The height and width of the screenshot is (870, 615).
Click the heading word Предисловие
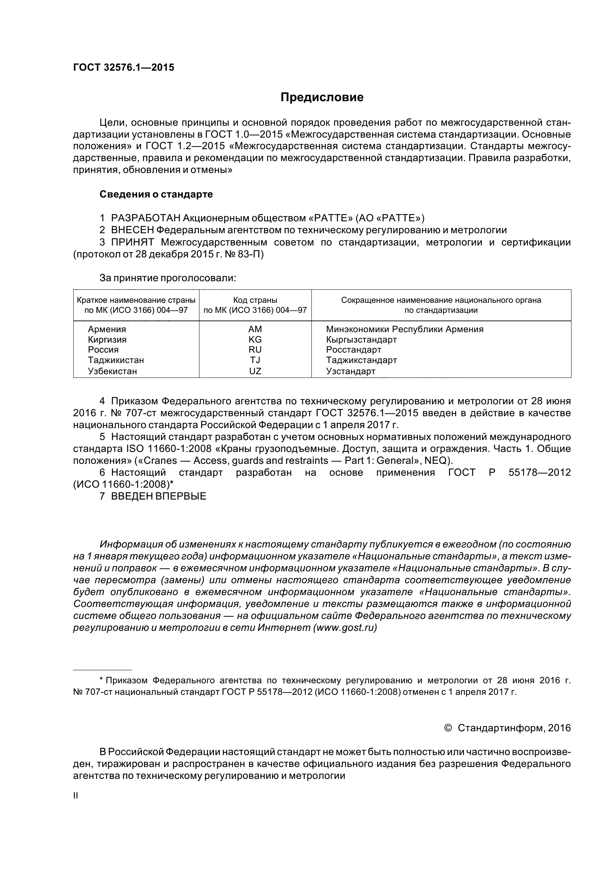(x=322, y=97)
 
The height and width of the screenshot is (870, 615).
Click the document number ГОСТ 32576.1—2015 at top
(x=124, y=67)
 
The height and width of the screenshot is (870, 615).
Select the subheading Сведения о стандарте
(x=156, y=195)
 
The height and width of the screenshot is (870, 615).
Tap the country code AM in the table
(x=255, y=329)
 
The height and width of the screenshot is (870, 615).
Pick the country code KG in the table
(x=255, y=339)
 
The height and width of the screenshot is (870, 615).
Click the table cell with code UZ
(x=255, y=371)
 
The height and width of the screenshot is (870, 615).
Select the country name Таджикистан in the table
(x=116, y=360)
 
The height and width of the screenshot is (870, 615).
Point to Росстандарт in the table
(x=353, y=349)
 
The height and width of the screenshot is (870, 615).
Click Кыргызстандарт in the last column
(x=361, y=339)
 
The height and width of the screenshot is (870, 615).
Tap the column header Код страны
(x=255, y=300)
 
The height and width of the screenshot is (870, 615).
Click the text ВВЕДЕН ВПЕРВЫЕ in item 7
(x=158, y=496)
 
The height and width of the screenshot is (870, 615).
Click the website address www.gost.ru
(x=345, y=627)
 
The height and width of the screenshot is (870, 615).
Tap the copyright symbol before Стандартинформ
(x=448, y=728)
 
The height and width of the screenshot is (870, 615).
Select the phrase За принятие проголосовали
(x=167, y=278)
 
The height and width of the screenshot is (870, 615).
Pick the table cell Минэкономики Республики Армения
(x=405, y=329)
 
